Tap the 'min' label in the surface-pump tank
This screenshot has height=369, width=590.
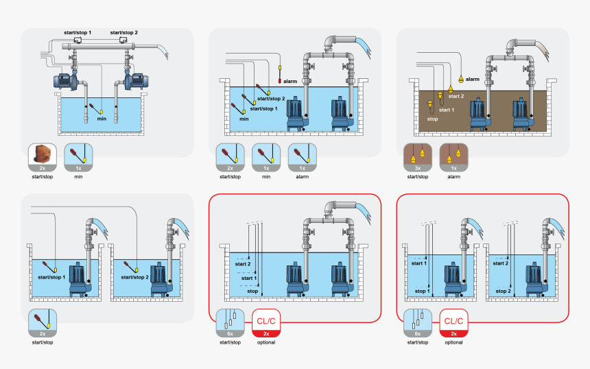tap(102, 119)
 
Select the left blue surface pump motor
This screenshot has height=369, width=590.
tap(66, 80)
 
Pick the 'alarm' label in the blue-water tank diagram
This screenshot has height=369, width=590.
tap(290, 82)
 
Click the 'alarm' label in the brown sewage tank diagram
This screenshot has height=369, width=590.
tap(473, 80)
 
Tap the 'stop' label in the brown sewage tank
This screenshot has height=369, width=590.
tap(432, 119)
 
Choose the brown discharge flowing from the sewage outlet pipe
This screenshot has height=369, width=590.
tap(541, 47)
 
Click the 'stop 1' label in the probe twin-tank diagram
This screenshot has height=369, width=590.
tap(422, 291)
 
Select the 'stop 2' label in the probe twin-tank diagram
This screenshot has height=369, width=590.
tap(504, 291)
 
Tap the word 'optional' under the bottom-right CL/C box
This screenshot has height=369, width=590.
tap(453, 342)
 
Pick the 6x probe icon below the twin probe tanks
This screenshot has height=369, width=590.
tap(418, 323)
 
